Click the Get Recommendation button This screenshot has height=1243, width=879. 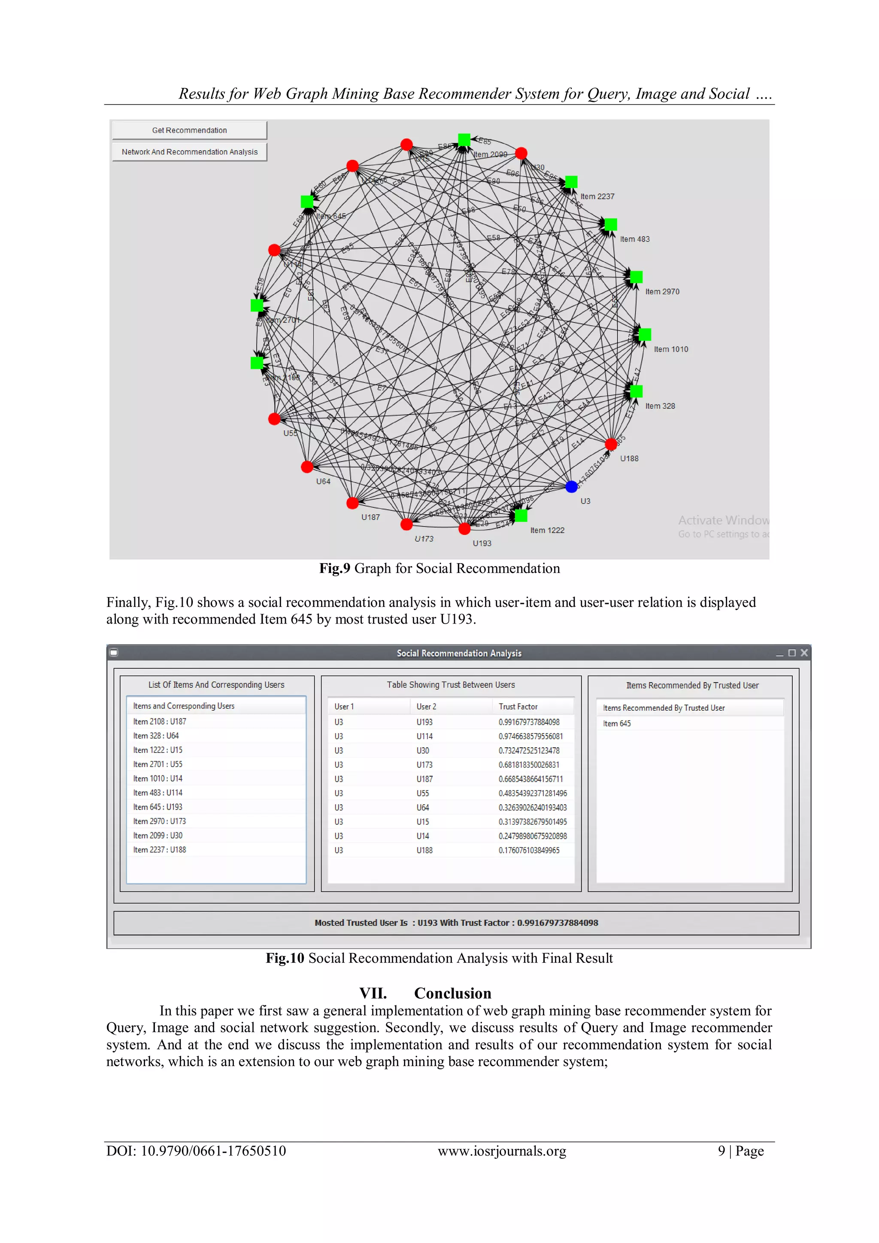tap(189, 130)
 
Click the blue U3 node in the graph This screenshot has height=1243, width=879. tap(571, 487)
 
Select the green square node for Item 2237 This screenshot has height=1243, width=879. tap(571, 182)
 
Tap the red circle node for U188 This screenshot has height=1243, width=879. tap(611, 445)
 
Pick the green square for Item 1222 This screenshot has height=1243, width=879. tap(521, 515)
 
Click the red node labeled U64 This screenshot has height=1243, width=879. tap(307, 467)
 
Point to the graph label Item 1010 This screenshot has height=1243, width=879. tap(670, 349)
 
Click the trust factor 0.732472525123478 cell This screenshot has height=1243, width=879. tap(529, 751)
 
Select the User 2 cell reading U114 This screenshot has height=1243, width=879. tap(424, 736)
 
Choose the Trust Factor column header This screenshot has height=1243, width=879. tap(518, 706)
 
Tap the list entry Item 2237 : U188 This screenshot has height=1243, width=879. tap(159, 850)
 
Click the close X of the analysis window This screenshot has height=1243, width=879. tap(804, 653)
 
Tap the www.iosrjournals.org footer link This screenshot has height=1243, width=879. tap(502, 1151)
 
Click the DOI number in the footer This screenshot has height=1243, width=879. tap(196, 1151)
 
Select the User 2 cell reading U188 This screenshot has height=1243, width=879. tap(424, 851)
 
